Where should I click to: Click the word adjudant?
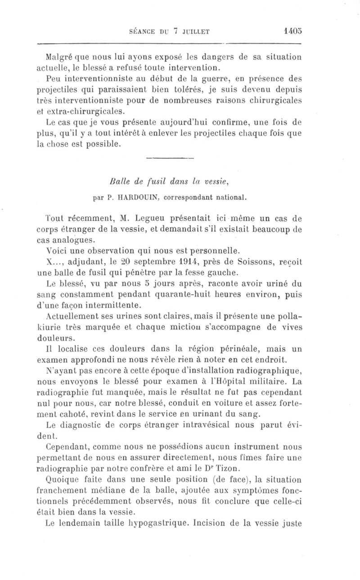pyautogui.click(x=89, y=261)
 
